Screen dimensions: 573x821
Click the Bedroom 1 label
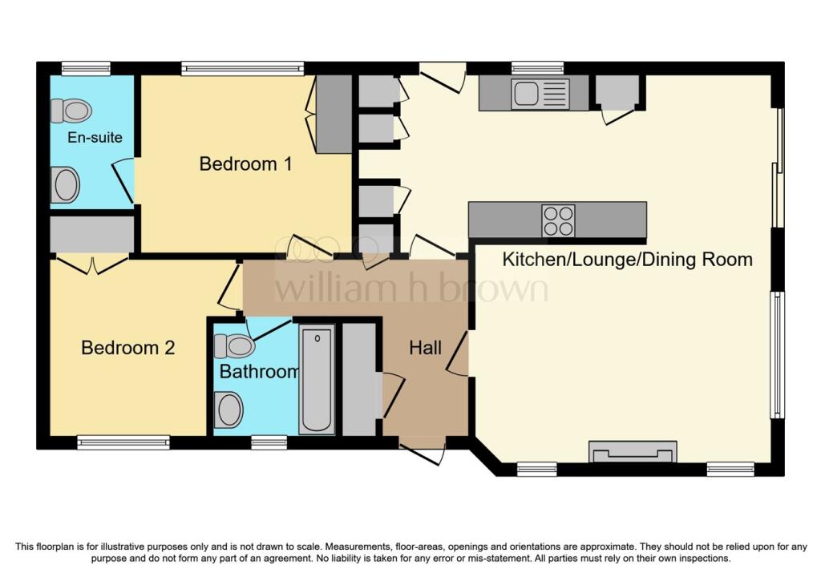245,164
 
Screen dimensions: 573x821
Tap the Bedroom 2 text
128,348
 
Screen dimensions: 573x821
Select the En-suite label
95,137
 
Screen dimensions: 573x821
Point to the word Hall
425,348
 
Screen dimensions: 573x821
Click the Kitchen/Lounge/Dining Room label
627,260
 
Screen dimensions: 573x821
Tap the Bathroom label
258,372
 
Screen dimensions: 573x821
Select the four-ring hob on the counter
558,220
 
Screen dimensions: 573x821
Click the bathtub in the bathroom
317,380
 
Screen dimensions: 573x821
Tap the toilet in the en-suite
71,111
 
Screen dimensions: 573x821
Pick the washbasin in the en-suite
65,185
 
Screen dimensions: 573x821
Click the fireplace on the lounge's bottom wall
633,452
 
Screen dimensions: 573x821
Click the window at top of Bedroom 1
242,68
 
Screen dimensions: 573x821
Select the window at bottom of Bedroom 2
123,442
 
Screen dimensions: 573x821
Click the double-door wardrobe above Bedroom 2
91,235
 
